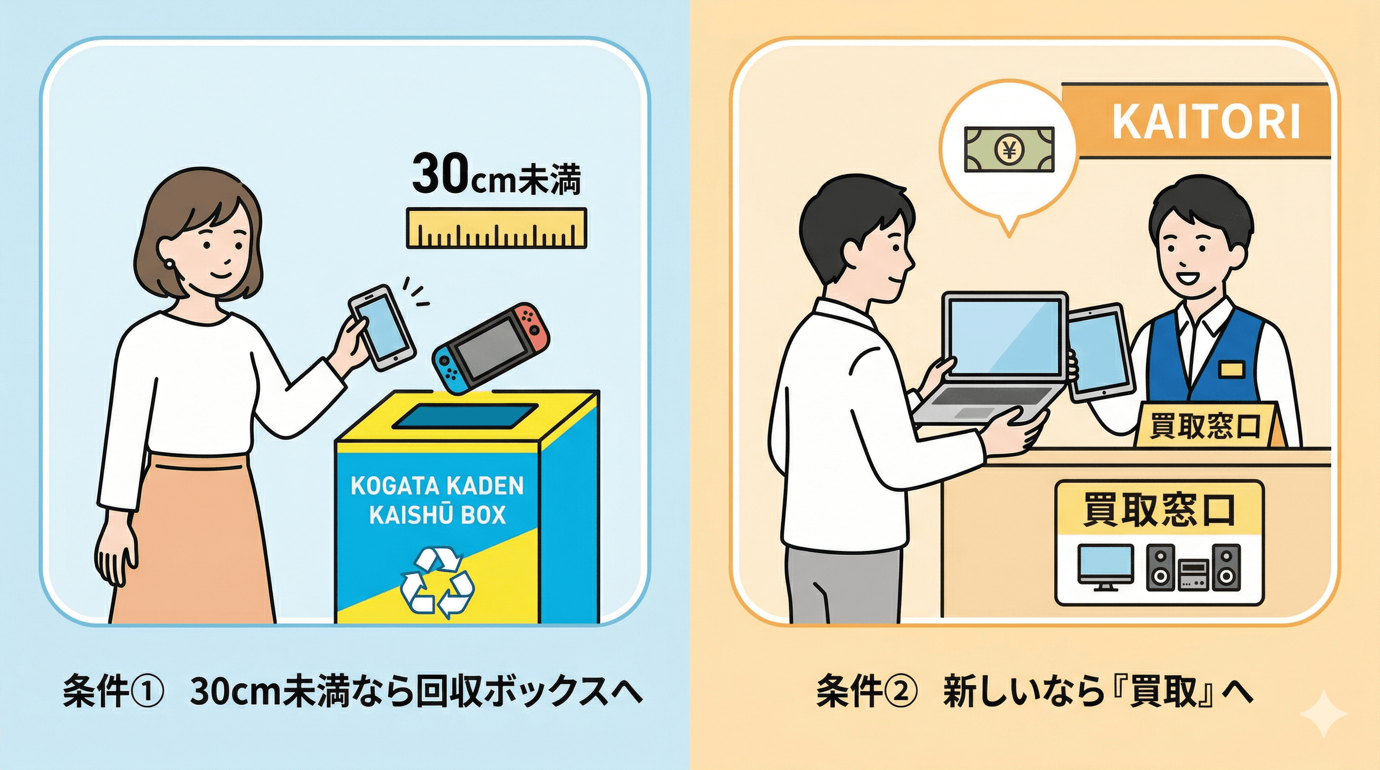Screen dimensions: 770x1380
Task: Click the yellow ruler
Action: click(x=496, y=228)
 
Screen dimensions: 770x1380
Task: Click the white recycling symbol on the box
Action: click(x=437, y=580)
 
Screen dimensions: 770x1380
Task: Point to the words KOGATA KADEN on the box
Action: click(x=437, y=486)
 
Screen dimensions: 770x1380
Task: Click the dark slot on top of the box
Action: click(x=465, y=416)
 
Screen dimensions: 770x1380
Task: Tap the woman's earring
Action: click(x=170, y=264)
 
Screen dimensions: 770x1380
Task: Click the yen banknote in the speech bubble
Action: click(x=1009, y=149)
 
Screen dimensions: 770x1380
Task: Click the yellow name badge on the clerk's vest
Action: click(x=1232, y=368)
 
